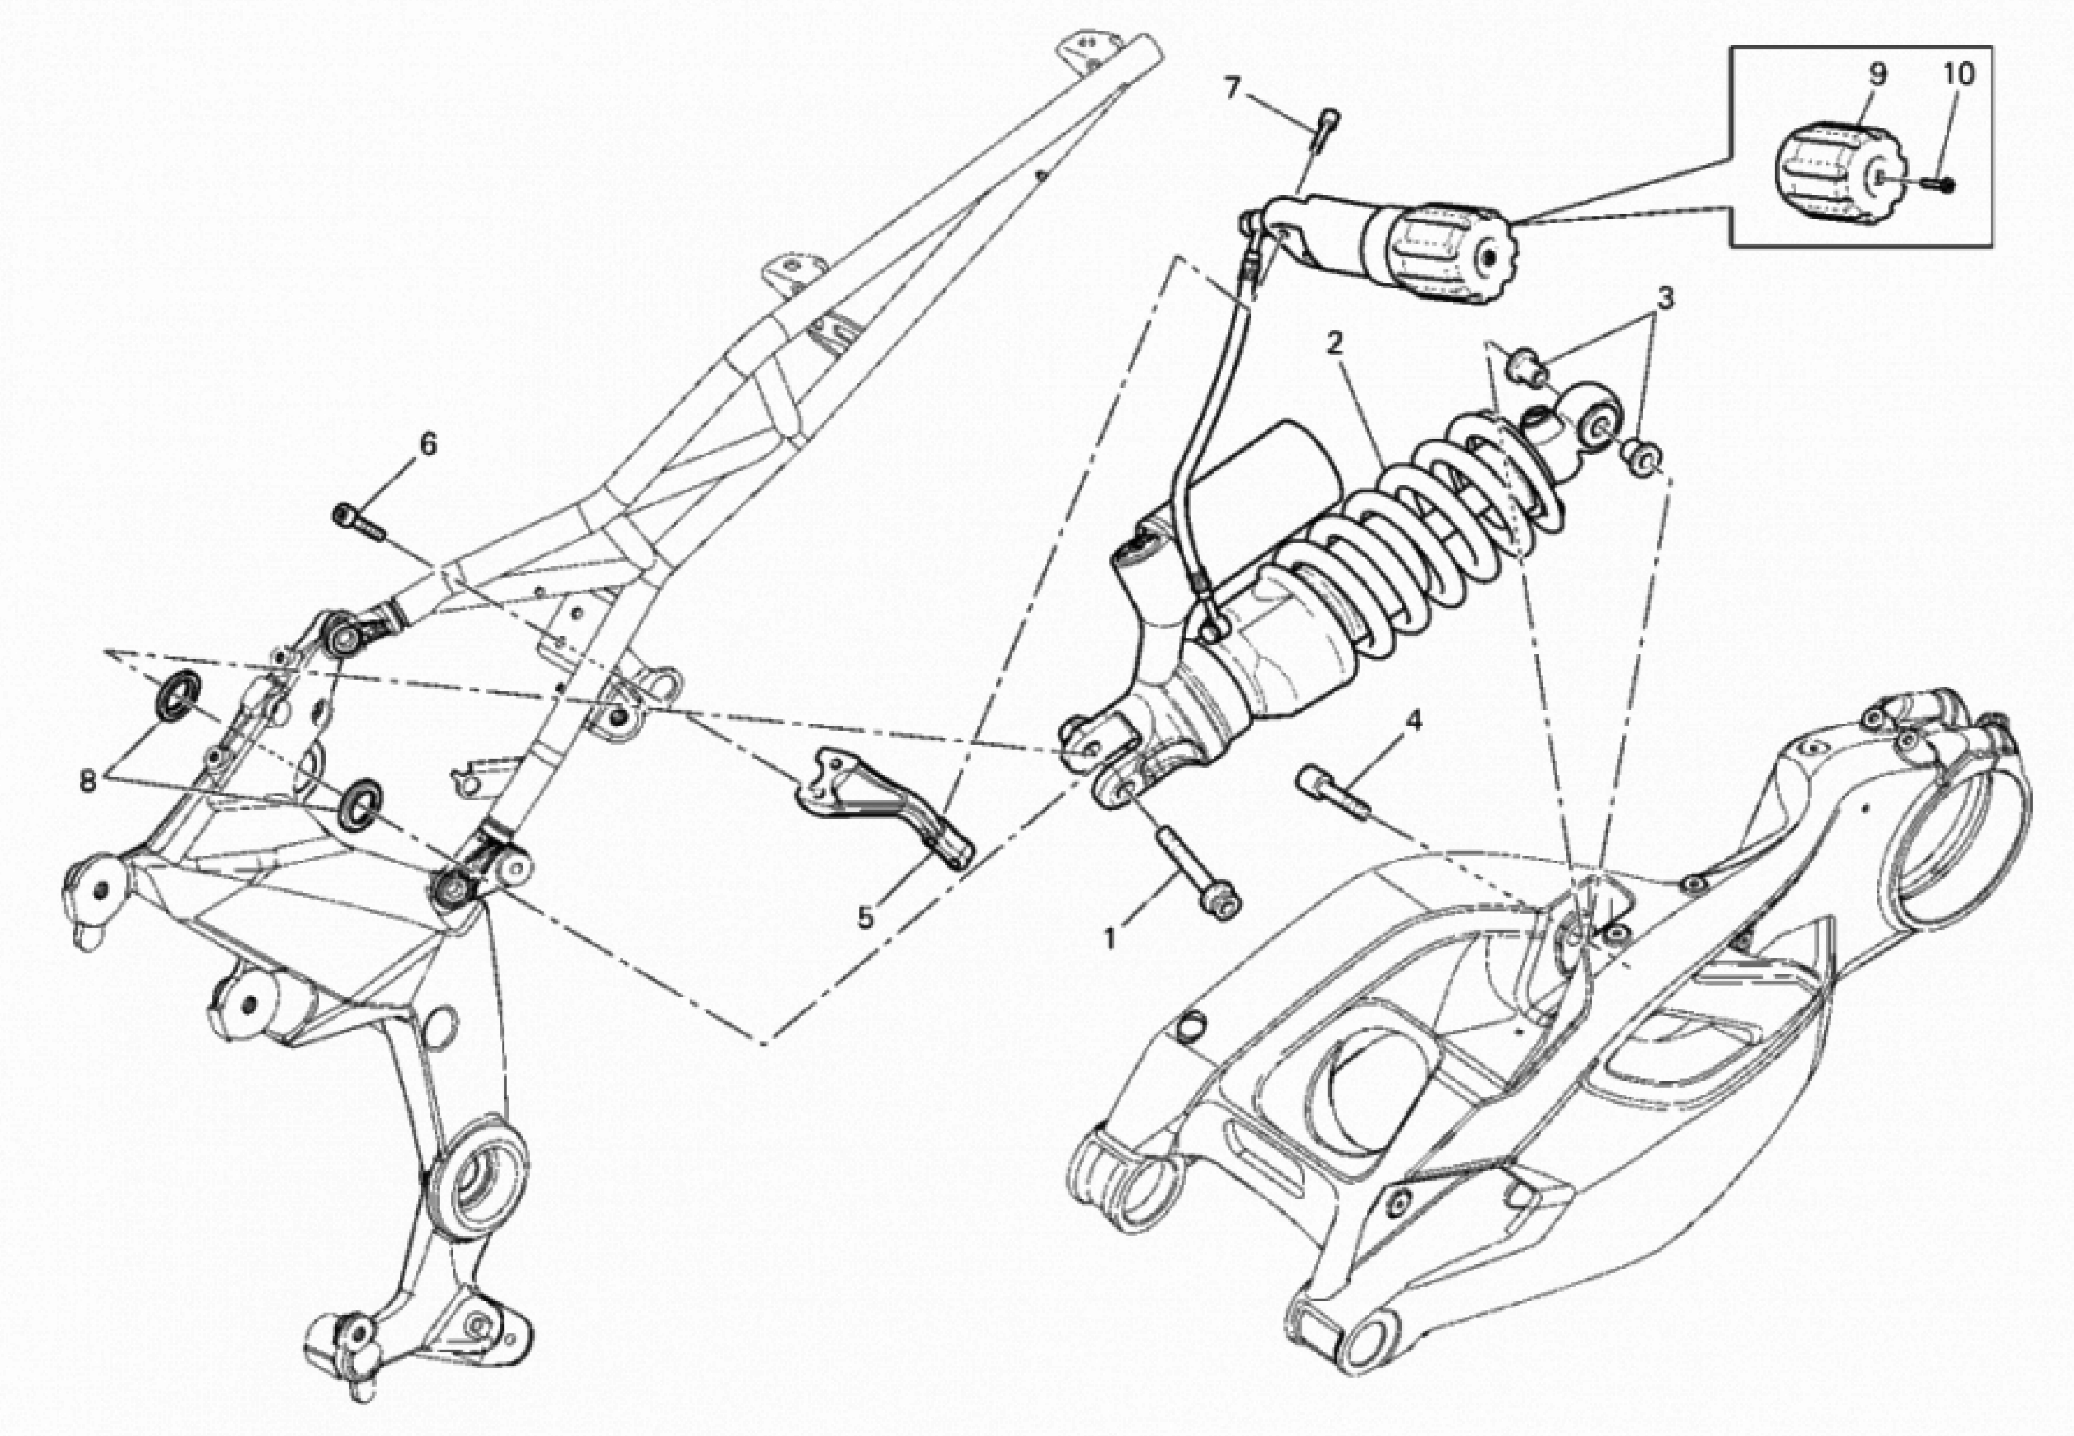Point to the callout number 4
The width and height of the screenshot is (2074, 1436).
[x=1414, y=721]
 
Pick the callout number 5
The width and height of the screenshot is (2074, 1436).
[x=865, y=918]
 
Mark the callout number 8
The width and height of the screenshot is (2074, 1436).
[x=87, y=779]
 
